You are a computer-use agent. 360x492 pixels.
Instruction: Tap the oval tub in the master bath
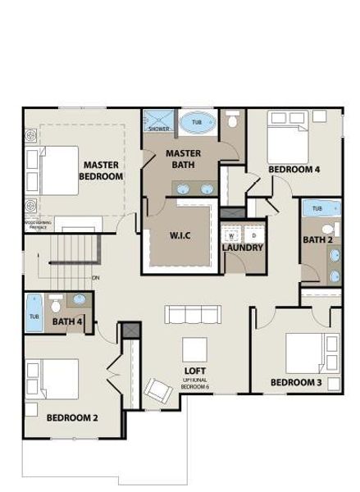[197, 123]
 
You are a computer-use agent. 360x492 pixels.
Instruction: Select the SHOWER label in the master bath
[158, 129]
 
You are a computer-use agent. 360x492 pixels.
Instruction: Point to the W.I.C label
[180, 236]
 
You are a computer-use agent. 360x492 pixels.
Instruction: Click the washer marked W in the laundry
[232, 235]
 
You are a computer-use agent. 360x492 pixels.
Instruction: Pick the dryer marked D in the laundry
[253, 235]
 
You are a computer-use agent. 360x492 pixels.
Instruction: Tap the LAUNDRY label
[243, 248]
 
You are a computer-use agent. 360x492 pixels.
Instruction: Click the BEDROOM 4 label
[294, 170]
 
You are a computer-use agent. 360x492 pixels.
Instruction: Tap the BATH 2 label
[317, 240]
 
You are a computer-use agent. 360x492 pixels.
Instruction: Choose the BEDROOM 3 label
[294, 382]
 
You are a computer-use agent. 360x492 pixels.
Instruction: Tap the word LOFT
[194, 370]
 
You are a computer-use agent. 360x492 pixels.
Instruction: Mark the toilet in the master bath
[233, 122]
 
